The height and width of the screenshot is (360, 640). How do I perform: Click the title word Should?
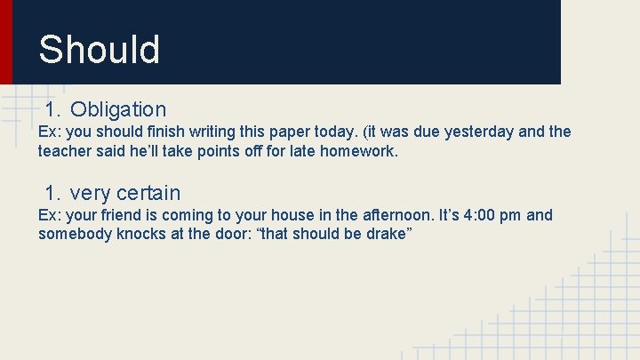[99, 50]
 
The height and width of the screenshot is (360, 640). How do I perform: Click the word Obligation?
[118, 109]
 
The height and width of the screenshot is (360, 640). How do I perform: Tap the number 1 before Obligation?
[52, 109]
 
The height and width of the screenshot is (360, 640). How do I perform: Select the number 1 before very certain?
[52, 193]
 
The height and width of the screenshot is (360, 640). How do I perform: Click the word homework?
[359, 151]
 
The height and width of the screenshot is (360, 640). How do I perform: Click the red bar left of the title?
[6, 42]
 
